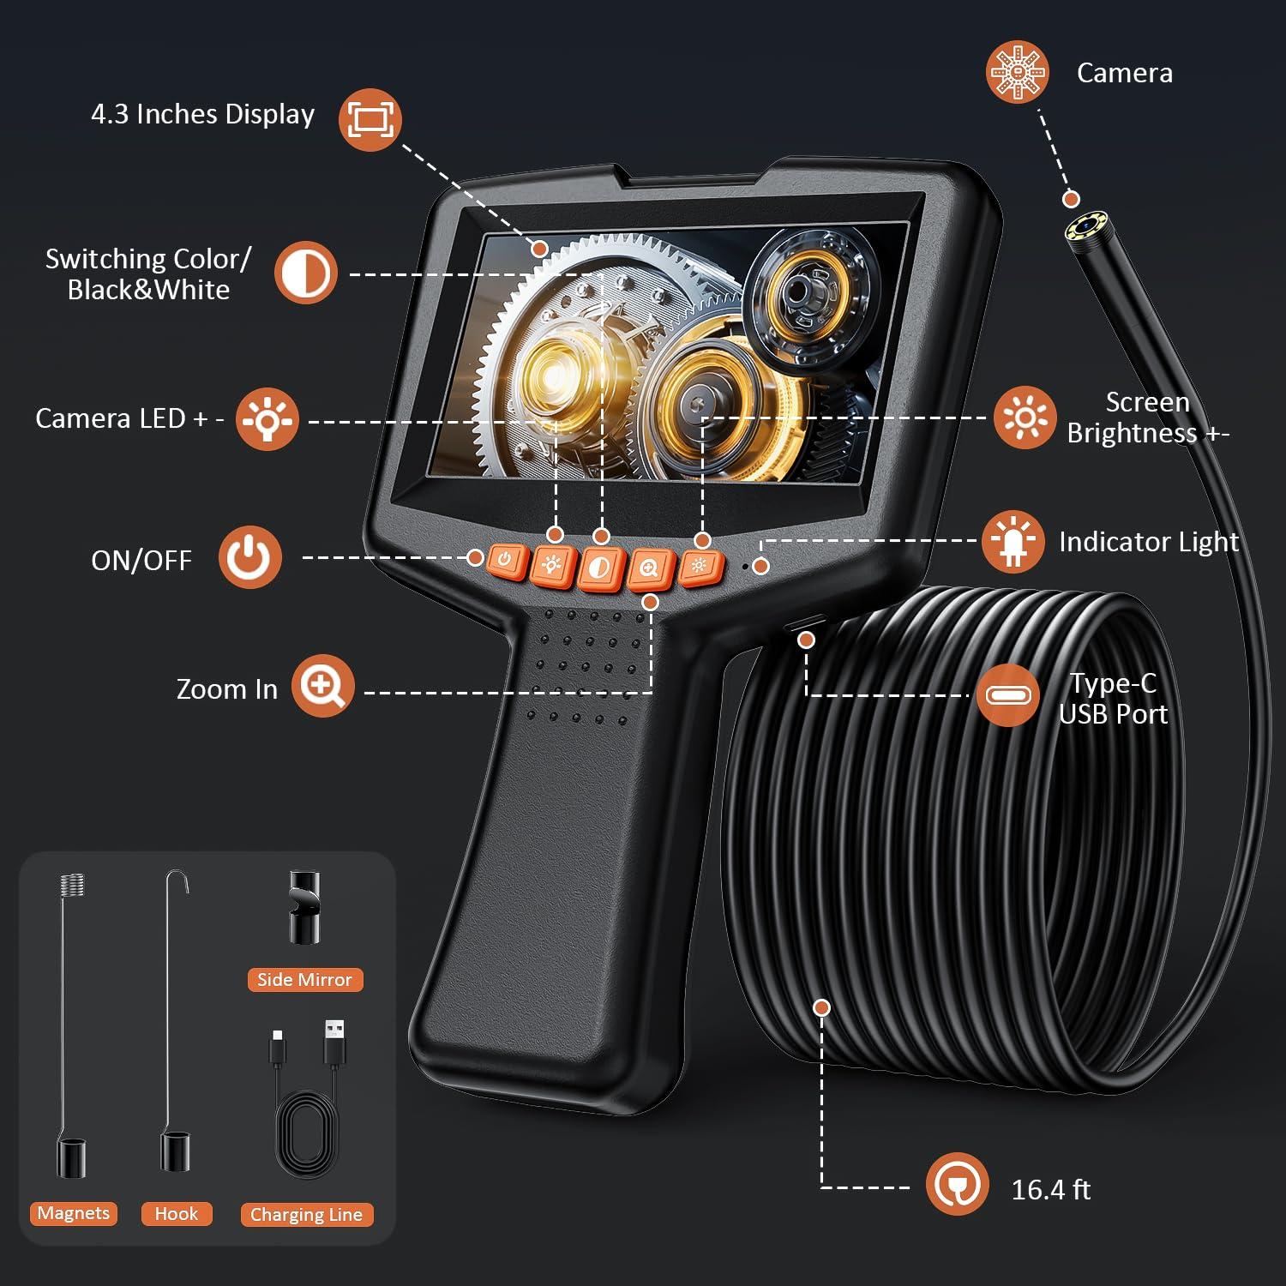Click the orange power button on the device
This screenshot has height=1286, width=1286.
[x=505, y=561]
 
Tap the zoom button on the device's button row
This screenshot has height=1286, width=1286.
[x=649, y=569]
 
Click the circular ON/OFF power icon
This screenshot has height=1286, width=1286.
[x=249, y=557]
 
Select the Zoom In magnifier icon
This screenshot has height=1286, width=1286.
[x=322, y=686]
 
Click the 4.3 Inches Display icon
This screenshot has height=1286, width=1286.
[x=370, y=120]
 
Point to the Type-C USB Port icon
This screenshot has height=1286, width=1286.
[x=1007, y=695]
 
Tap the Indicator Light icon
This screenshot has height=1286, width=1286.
[x=1013, y=542]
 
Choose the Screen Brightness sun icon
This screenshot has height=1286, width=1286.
[x=1025, y=418]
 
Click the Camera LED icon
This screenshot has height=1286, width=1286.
[x=267, y=419]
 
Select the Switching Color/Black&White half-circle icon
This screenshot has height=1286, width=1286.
[x=305, y=273]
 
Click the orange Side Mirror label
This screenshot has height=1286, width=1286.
[x=304, y=979]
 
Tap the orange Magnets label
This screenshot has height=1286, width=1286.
[x=74, y=1213]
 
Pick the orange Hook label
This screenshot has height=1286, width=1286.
[x=176, y=1214]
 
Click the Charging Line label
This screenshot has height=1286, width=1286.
[x=306, y=1215]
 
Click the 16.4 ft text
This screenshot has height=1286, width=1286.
[x=1050, y=1190]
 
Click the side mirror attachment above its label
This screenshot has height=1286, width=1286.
[x=303, y=907]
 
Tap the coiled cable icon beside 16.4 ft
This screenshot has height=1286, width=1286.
[x=957, y=1184]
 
